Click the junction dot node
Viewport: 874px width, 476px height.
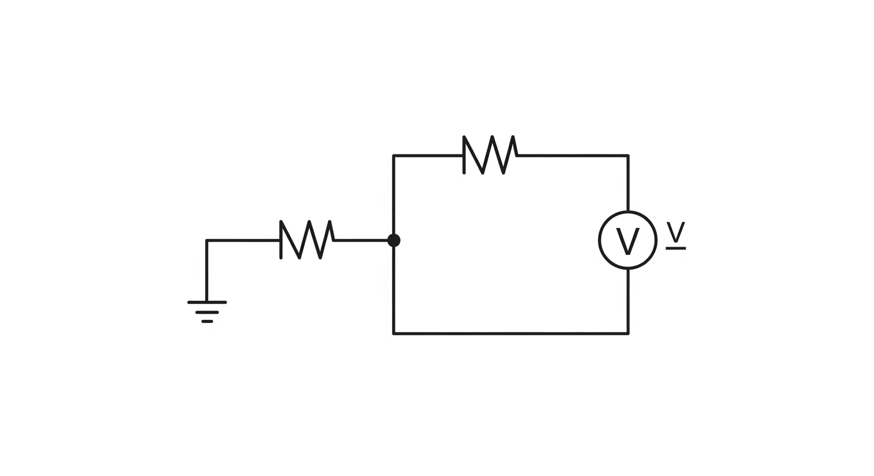pos(394,240)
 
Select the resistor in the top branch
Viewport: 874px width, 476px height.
pos(490,155)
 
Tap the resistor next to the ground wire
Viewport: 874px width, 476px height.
pos(307,240)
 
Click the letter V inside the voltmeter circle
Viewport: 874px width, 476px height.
pos(628,241)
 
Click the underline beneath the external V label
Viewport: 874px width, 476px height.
pos(676,248)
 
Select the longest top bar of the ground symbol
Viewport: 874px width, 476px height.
pos(207,302)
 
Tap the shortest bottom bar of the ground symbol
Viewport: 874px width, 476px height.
pos(207,321)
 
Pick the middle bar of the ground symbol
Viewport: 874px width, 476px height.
pos(207,312)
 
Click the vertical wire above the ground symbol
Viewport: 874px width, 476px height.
pos(207,271)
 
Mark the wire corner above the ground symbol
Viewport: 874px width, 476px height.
pos(207,241)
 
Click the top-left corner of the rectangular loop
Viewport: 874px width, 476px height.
pos(394,156)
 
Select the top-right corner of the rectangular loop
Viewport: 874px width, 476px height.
pos(628,156)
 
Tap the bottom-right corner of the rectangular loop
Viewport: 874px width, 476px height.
pos(628,333)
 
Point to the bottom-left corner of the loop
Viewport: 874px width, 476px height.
pos(394,333)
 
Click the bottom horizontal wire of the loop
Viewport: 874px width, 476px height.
pos(510,333)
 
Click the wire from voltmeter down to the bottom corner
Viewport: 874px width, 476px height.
pos(628,302)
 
